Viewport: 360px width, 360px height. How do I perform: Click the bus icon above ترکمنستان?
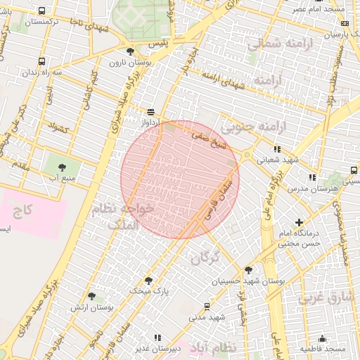coord(42,11)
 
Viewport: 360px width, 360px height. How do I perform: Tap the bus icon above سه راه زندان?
coord(42,61)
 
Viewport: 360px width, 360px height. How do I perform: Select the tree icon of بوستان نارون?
coord(129,51)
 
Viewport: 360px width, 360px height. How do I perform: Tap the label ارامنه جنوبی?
coord(246,127)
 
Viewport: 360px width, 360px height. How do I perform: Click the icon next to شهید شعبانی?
coord(277,149)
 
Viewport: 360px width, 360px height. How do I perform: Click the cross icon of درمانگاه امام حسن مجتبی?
coord(300,222)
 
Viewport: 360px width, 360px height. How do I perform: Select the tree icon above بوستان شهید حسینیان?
coord(247,270)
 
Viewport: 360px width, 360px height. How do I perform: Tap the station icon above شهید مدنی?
coord(207,306)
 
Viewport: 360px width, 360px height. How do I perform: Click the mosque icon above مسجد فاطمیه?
coord(322,338)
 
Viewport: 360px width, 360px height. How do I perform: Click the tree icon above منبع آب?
coord(62,167)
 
